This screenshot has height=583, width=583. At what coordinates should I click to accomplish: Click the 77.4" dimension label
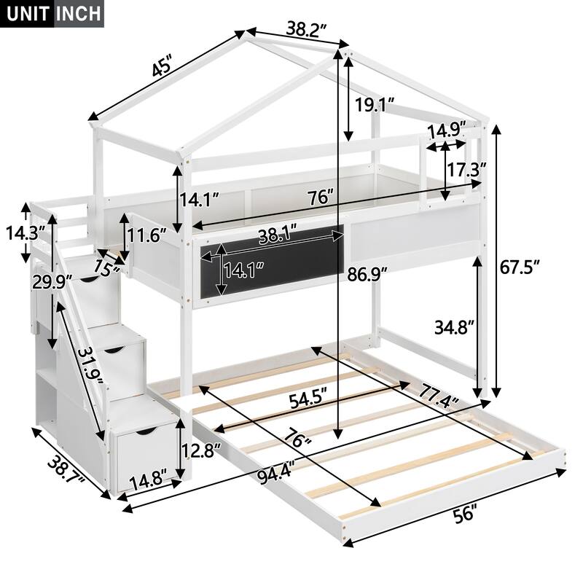[437, 397]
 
